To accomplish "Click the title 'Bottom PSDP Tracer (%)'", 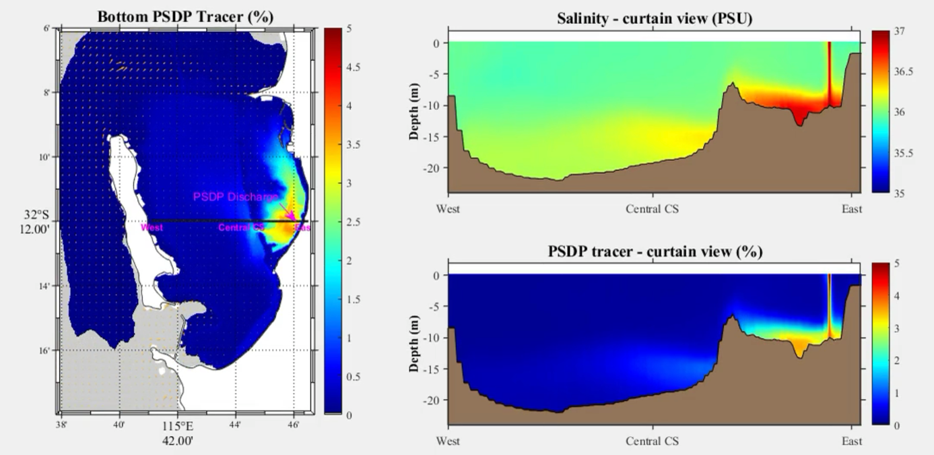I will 185,16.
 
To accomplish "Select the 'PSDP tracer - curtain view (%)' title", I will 654,251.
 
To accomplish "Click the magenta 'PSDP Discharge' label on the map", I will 235,197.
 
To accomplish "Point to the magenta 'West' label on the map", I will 152,228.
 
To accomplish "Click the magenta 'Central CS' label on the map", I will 241,228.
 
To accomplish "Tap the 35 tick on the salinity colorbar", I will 888,193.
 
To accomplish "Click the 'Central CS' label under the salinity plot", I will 653,209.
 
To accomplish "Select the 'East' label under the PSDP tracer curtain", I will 852,442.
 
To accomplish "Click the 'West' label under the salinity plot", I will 448,209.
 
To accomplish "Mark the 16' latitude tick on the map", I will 46,351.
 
